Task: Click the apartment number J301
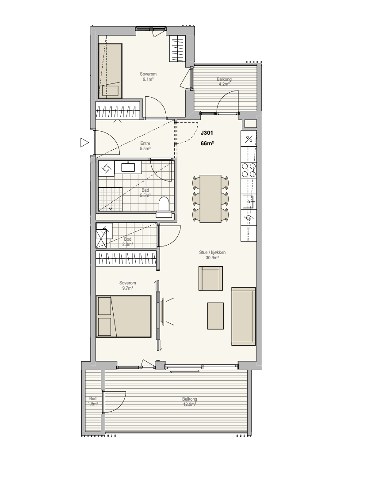click(207, 133)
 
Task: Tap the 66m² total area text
click(207, 144)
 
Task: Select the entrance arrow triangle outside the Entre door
click(84, 142)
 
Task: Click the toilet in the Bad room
click(164, 206)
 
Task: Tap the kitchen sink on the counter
click(249, 202)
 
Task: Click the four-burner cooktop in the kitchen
click(249, 170)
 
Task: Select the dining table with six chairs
click(210, 199)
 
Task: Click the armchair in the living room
click(210, 278)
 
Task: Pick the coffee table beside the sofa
click(215, 316)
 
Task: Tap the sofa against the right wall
click(244, 316)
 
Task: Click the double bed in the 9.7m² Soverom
click(124, 316)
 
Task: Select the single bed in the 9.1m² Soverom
click(110, 71)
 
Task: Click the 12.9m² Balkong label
click(190, 401)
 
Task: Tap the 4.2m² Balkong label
click(224, 82)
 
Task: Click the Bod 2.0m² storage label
click(127, 242)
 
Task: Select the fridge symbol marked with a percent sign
click(249, 139)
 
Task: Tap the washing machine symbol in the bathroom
click(106, 168)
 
